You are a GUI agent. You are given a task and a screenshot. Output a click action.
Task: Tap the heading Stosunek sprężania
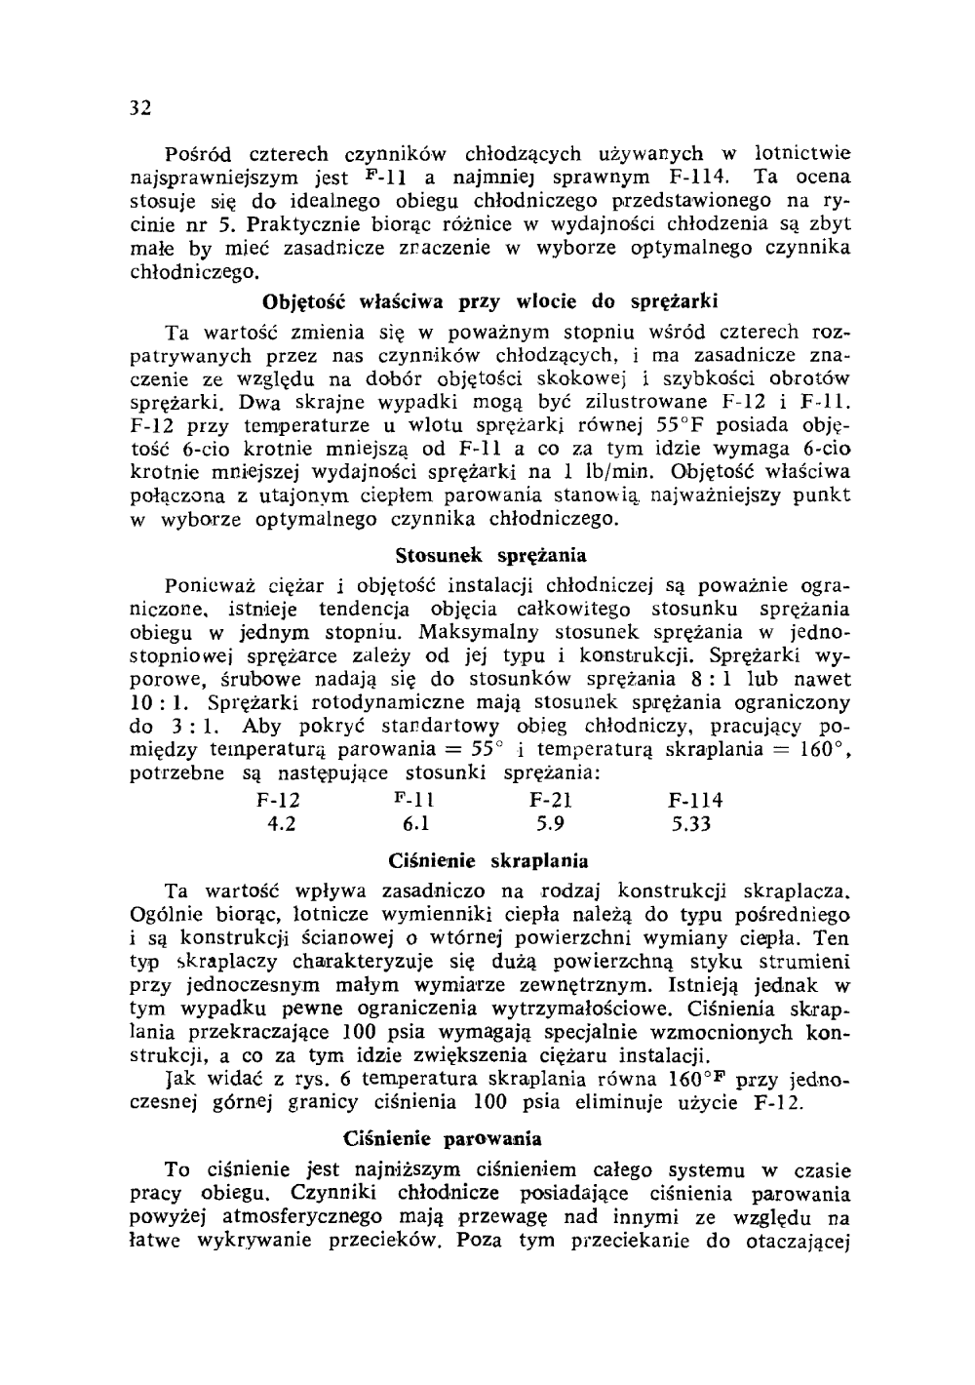491,556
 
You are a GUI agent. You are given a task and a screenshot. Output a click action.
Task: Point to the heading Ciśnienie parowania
444,1138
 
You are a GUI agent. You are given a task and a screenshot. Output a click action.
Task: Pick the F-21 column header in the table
551,801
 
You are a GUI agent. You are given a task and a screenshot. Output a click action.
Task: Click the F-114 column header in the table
696,801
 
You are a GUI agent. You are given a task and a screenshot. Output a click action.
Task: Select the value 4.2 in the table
283,824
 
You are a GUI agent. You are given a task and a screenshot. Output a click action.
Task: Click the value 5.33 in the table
692,824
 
